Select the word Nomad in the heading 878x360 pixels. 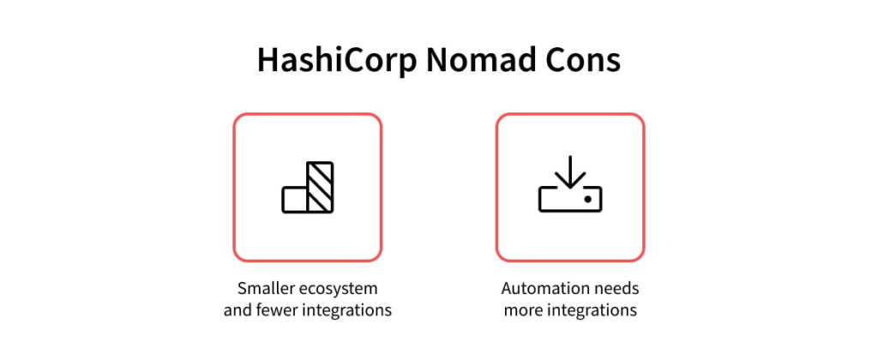(484, 63)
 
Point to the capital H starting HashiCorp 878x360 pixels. (268, 63)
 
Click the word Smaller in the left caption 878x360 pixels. (266, 288)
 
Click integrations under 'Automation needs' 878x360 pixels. (592, 310)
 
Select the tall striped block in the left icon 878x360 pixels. (320, 187)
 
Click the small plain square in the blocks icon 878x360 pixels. (294, 199)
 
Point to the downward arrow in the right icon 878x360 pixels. (569, 174)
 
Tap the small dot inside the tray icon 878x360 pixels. (587, 198)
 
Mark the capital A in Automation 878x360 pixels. (508, 288)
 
